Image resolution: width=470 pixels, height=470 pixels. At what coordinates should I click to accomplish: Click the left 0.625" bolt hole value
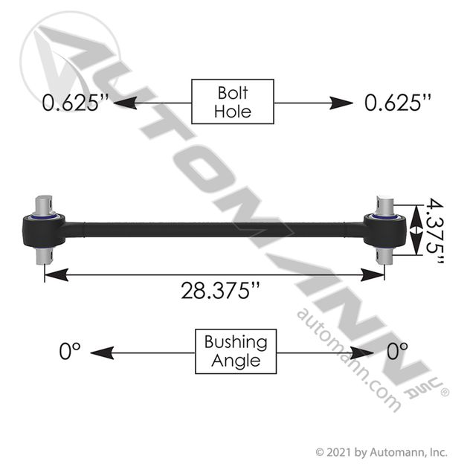click(x=75, y=103)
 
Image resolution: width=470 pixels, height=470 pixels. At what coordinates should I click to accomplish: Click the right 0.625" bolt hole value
click(x=398, y=103)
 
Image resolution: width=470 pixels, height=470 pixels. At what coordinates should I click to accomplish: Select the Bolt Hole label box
click(x=233, y=102)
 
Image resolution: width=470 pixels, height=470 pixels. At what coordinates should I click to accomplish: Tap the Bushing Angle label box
click(x=236, y=351)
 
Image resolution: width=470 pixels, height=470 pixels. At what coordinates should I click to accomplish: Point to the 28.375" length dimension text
click(x=220, y=291)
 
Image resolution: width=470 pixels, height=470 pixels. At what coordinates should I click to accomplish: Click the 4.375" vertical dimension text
click(x=434, y=231)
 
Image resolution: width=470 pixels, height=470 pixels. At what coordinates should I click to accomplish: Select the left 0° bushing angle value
click(x=70, y=351)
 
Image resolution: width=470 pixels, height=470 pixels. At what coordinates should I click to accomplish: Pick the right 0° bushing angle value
click(x=397, y=351)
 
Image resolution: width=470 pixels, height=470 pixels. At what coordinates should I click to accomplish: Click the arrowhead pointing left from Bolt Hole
click(x=125, y=103)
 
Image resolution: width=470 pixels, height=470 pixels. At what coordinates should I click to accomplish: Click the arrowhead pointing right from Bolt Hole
click(x=341, y=103)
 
